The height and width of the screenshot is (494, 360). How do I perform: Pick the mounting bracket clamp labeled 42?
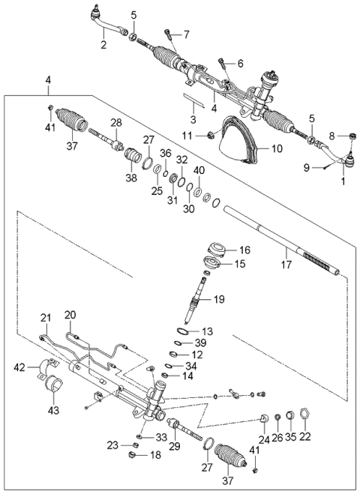pyautogui.click(x=53, y=369)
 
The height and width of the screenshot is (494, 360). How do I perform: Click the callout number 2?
pyautogui.click(x=103, y=45)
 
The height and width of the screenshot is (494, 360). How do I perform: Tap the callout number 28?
pyautogui.click(x=115, y=123)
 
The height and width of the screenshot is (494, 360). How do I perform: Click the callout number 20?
pyautogui.click(x=70, y=315)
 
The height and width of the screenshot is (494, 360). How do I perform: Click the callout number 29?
pyautogui.click(x=174, y=447)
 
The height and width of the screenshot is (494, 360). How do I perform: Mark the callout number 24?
pyautogui.click(x=264, y=439)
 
